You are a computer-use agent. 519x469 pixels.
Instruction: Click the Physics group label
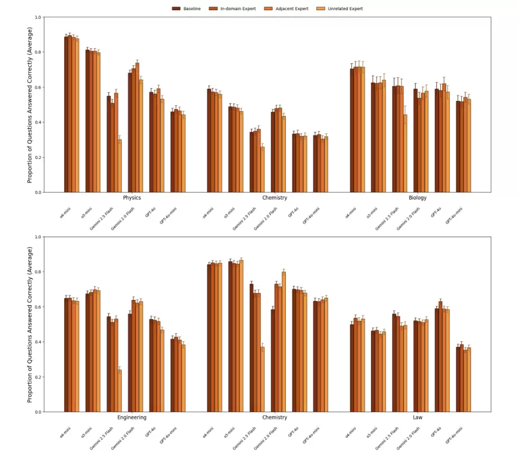pyautogui.click(x=132, y=198)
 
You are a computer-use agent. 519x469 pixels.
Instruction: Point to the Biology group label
pyautogui.click(x=418, y=198)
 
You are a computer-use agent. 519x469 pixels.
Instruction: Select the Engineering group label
pyautogui.click(x=132, y=417)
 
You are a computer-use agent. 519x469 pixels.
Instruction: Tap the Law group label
pyautogui.click(x=418, y=417)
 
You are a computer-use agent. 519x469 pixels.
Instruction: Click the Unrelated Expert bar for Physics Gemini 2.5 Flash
pyautogui.click(x=120, y=166)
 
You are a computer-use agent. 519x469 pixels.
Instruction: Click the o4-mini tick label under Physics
pyautogui.click(x=65, y=213)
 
